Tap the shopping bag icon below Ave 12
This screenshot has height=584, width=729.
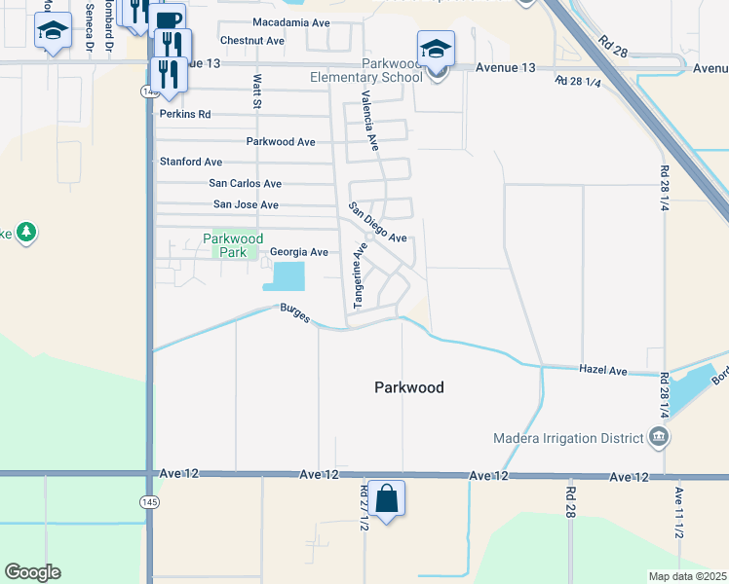pyautogui.click(x=386, y=498)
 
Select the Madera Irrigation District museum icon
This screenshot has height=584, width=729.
pyautogui.click(x=659, y=437)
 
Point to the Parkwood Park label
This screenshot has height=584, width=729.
pyautogui.click(x=233, y=245)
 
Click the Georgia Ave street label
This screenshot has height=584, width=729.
pyautogui.click(x=298, y=252)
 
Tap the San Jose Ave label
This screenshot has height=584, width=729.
pyautogui.click(x=246, y=205)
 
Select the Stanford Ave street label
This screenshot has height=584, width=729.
pyautogui.click(x=190, y=162)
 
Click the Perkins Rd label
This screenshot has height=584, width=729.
pyautogui.click(x=184, y=114)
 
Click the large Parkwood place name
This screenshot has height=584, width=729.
pyautogui.click(x=408, y=387)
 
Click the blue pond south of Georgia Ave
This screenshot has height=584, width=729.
pyautogui.click(x=284, y=277)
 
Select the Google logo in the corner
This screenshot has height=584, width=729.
pyautogui.click(x=32, y=572)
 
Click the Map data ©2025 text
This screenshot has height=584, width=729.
pyautogui.click(x=687, y=576)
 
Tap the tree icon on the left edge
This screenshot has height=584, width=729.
pyautogui.click(x=26, y=232)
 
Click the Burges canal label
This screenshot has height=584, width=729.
pyautogui.click(x=294, y=313)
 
